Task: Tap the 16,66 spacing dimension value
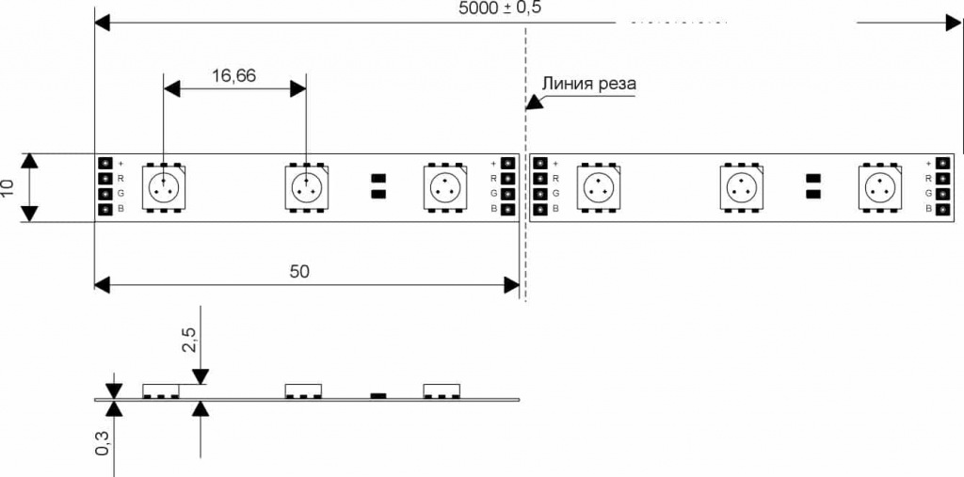point(233,76)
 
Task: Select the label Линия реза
point(588,84)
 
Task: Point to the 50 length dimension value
point(299,271)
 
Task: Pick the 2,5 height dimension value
point(188,340)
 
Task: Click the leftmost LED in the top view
point(164,186)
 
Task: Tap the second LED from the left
point(306,186)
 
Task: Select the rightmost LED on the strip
point(881,186)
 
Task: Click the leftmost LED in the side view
point(162,390)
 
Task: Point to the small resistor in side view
point(378,395)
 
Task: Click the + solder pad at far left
point(104,164)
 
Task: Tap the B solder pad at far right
point(941,209)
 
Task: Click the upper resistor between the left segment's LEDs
point(378,177)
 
